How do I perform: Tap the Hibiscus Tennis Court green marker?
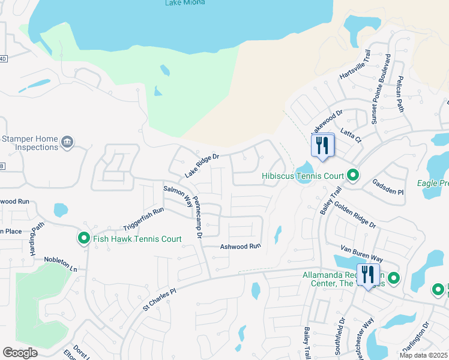[x=353, y=175]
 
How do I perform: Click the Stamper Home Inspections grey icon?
[x=67, y=142]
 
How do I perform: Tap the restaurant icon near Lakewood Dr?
[x=322, y=145]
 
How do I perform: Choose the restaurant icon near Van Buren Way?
[x=367, y=275]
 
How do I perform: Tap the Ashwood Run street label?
[x=241, y=246]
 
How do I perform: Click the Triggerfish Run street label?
[x=143, y=220]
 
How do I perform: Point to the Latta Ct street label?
[x=351, y=136]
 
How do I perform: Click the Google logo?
[x=20, y=352]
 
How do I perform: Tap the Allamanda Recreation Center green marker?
[x=394, y=278]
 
